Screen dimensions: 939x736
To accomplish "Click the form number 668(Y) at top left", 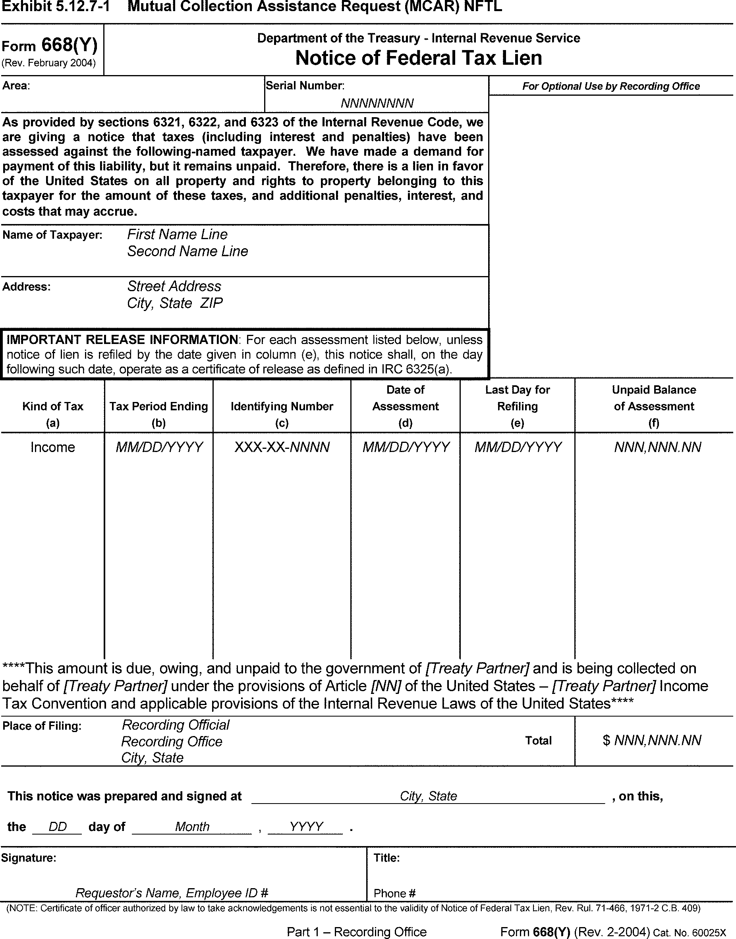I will tap(69, 45).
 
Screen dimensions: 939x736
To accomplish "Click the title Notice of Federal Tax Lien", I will tap(418, 58).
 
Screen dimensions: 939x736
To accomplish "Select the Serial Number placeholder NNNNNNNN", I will tap(377, 103).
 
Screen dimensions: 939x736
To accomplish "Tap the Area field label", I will tap(16, 86).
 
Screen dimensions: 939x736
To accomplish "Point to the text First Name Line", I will tap(177, 234).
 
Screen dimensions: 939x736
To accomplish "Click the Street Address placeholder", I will tap(174, 286).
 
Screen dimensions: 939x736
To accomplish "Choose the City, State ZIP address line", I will tap(174, 303).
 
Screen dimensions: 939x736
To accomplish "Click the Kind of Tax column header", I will tap(52, 406).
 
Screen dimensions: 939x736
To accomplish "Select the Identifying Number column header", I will tap(282, 406).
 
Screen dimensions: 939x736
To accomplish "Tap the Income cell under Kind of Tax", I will tap(52, 447).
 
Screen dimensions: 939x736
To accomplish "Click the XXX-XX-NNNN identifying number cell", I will tap(282, 447).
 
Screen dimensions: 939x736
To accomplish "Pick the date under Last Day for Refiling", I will tap(518, 447).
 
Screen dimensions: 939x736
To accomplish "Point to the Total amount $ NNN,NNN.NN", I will tap(652, 740).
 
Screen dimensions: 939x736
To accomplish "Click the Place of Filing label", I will tap(42, 726).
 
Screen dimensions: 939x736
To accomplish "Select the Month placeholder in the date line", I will tap(192, 827).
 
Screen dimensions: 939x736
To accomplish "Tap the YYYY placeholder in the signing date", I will tap(306, 827).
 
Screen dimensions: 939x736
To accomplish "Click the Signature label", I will tap(29, 858).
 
